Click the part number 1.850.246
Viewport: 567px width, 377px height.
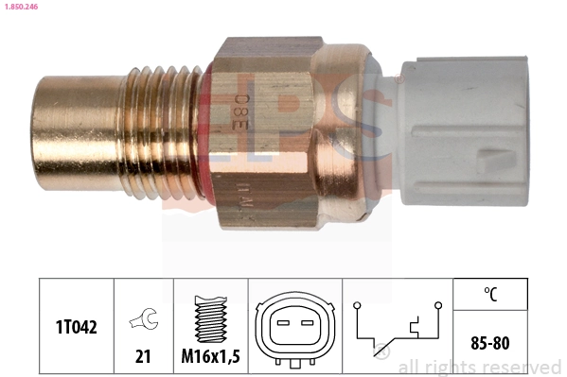coord(20,7)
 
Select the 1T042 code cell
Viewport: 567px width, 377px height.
coord(77,326)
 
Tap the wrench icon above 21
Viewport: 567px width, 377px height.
coord(144,319)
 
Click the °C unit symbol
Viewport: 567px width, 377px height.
coord(490,294)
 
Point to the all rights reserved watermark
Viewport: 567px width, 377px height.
coord(479,367)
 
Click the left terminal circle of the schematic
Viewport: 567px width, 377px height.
coord(356,305)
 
